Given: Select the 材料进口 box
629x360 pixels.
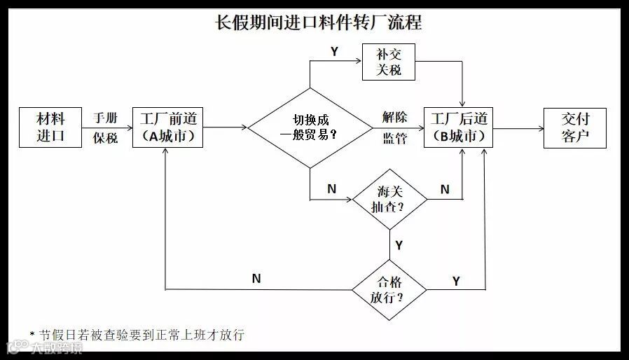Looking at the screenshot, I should (50, 127).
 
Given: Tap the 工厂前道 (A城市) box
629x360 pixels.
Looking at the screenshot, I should (167, 127).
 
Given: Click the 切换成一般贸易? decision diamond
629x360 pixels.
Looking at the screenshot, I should (310, 127).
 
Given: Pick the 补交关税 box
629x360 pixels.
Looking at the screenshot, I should (388, 62).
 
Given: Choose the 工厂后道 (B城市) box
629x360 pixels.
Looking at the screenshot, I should (462, 127).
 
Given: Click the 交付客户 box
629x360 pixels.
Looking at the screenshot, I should (574, 127).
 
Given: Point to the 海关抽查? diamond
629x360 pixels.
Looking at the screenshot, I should (389, 199).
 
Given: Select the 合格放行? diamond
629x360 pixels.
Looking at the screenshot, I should (389, 289).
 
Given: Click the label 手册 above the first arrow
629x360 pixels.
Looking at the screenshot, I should (106, 117).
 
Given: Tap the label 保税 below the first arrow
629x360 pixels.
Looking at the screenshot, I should (106, 138).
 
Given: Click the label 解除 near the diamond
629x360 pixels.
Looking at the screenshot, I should (394, 117).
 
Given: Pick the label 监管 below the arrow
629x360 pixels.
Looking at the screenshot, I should (394, 138).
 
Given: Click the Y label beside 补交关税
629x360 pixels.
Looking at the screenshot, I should (334, 53).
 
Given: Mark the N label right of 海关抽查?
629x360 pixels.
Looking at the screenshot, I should (445, 189).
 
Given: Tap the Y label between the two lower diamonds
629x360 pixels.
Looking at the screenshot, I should (399, 245).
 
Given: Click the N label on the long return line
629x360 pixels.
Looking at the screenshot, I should (256, 279).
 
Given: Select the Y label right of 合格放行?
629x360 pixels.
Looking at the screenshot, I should (456, 280).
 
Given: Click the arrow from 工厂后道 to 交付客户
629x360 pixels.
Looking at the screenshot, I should (518, 127).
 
